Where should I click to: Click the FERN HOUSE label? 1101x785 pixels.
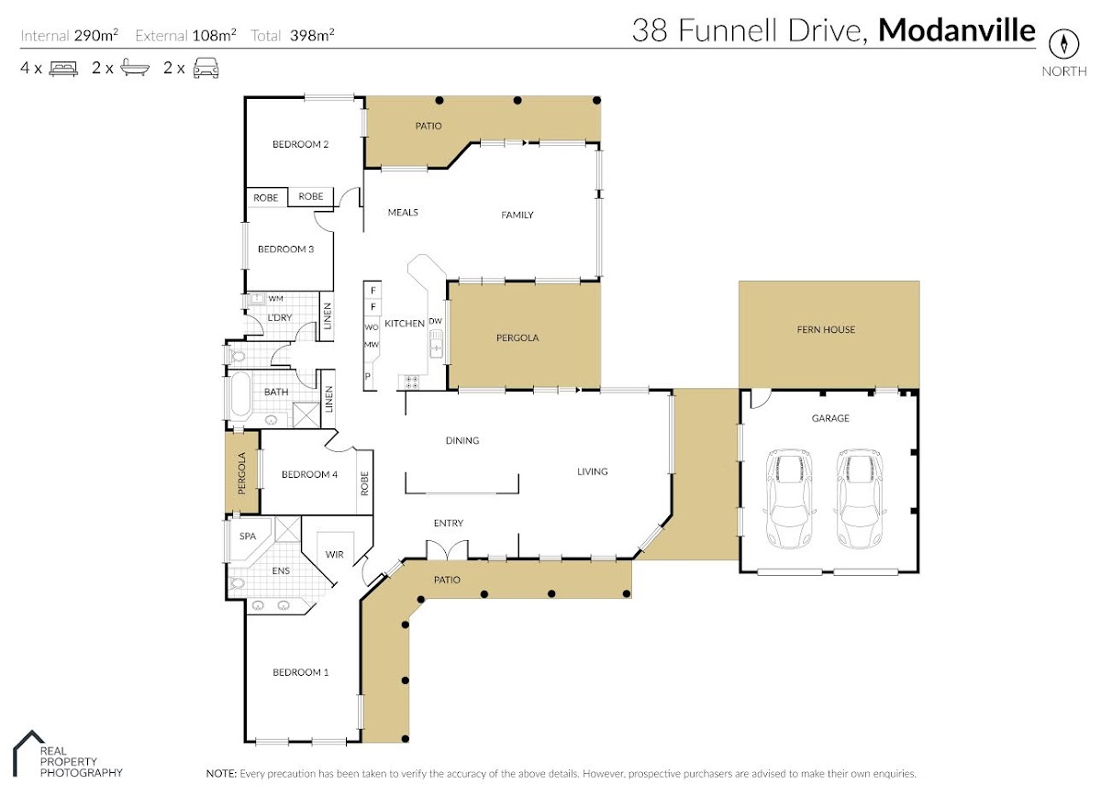tap(826, 329)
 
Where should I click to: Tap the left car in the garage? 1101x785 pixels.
tap(789, 498)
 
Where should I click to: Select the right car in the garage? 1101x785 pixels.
tap(860, 498)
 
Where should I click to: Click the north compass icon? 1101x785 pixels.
tap(1063, 44)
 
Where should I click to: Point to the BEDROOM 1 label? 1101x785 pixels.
tap(300, 672)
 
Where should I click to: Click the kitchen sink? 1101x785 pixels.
tap(436, 343)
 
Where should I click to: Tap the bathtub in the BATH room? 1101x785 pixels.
tap(240, 394)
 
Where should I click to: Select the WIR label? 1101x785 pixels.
tap(334, 555)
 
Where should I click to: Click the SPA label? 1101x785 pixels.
tap(247, 536)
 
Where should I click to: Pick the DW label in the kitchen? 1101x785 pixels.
tap(436, 321)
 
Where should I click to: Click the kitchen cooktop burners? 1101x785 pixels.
tap(411, 382)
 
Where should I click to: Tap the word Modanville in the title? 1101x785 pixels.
tap(956, 30)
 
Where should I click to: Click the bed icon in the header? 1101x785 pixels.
tap(63, 68)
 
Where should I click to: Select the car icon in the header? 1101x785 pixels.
tap(206, 68)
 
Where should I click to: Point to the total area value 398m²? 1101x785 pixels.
tap(312, 35)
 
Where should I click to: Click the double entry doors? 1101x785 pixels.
tap(447, 549)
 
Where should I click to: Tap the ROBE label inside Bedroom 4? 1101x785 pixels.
tap(364, 483)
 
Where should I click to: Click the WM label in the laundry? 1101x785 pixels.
tap(276, 298)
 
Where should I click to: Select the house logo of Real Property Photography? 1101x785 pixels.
tap(28, 753)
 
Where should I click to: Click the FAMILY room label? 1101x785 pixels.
tap(517, 215)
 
